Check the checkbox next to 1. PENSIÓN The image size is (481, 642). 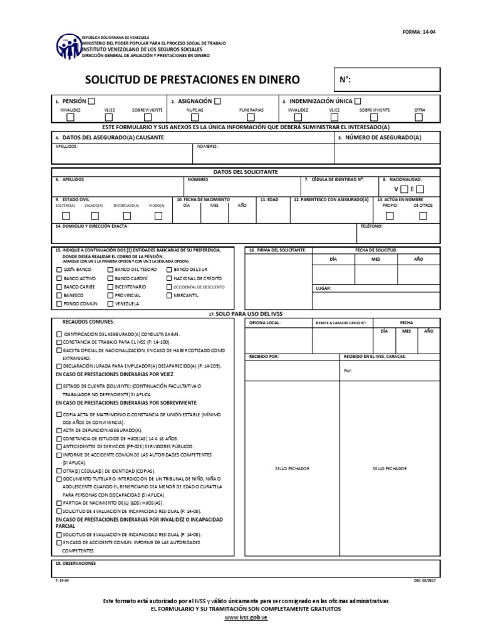91,101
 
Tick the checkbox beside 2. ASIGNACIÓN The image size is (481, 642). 217,101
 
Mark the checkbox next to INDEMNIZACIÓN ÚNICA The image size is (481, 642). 358,101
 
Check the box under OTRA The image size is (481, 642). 420,117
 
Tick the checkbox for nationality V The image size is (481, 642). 405,189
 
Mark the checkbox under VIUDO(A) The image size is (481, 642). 158,216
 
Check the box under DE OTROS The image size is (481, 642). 423,216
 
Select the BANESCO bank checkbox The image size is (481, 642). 59,295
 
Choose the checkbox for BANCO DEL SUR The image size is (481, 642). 169,269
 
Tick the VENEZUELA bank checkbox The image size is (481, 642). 110,303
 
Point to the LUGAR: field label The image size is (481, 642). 324,288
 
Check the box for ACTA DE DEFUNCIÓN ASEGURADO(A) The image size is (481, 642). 59,431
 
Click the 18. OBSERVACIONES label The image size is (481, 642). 76,563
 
